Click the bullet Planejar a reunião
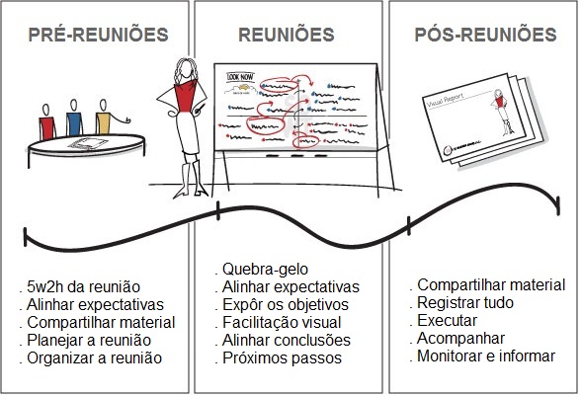(x=89, y=340)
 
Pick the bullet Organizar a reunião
(x=94, y=357)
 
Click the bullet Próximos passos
(x=281, y=357)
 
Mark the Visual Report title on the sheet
(x=448, y=98)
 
